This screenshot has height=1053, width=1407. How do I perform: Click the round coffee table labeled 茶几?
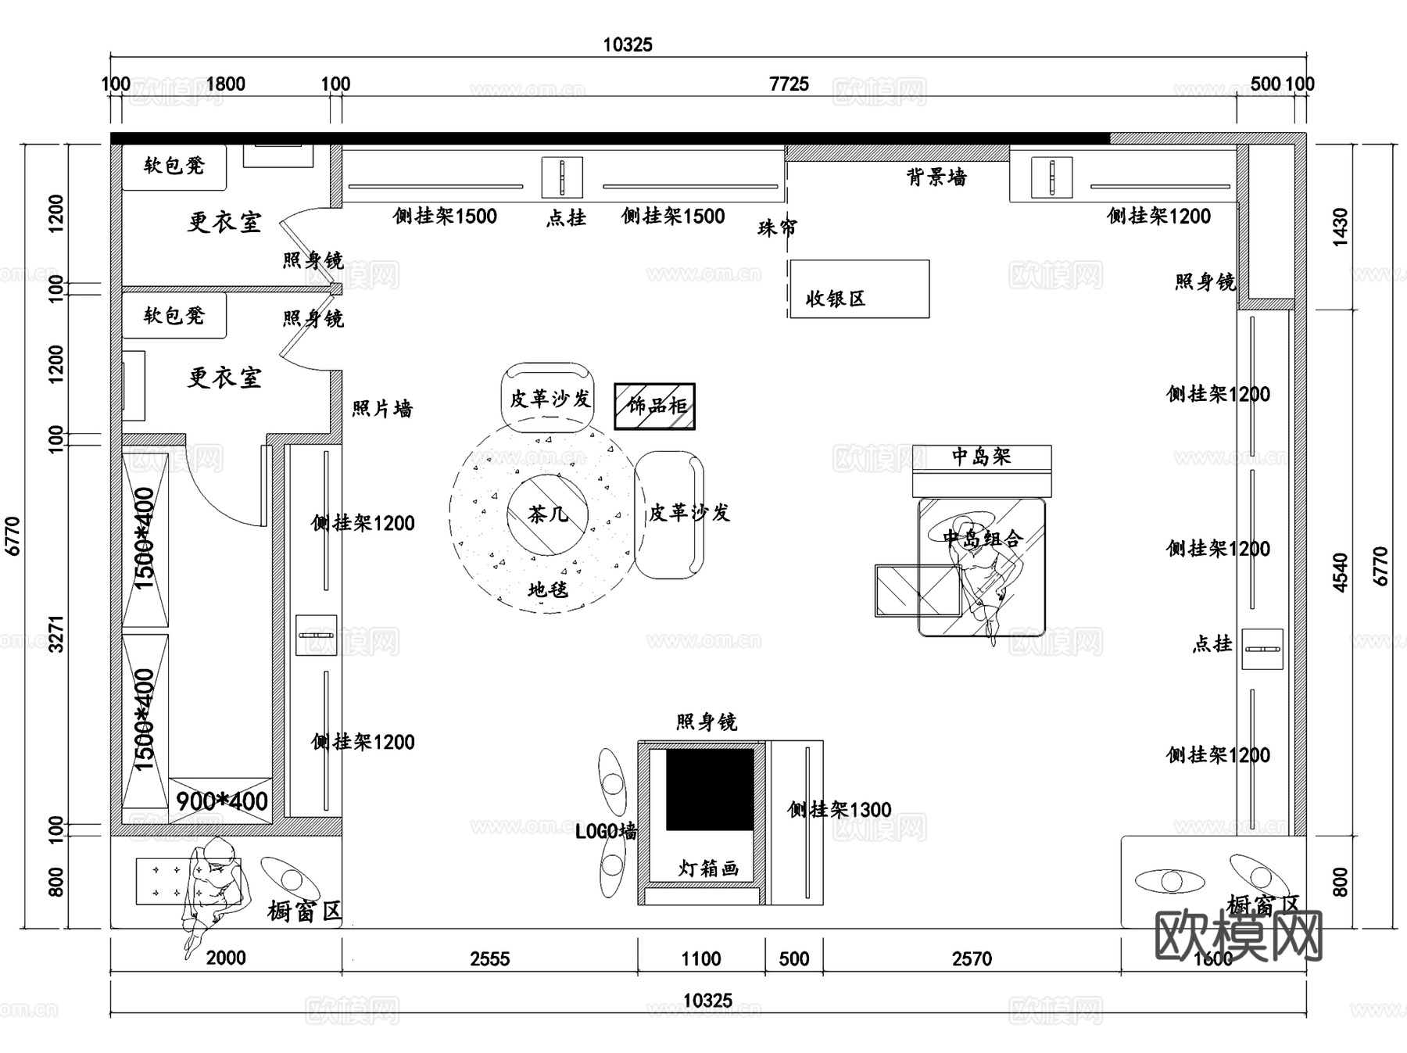547,514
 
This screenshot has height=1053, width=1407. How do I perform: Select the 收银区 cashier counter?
858,289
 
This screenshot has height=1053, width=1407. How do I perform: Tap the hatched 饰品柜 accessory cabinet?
654,406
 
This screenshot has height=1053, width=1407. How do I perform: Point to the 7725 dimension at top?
789,84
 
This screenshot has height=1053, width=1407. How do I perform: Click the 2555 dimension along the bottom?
489,958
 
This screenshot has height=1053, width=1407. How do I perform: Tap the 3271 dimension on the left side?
56,635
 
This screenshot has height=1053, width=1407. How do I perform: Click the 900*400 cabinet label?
221,801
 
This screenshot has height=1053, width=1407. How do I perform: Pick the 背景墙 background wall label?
936,177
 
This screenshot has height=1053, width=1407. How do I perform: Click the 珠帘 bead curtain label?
777,227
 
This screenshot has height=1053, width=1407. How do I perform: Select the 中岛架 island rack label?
981,457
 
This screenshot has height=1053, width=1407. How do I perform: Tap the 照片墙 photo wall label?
381,409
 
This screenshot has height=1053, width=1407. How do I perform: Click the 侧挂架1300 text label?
840,810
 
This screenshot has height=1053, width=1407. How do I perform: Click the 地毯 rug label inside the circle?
547,589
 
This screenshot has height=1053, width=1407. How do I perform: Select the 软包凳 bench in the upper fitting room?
174,166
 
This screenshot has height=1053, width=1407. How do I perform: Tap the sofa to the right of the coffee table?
670,514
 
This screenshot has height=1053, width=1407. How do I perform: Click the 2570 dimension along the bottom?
972,958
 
